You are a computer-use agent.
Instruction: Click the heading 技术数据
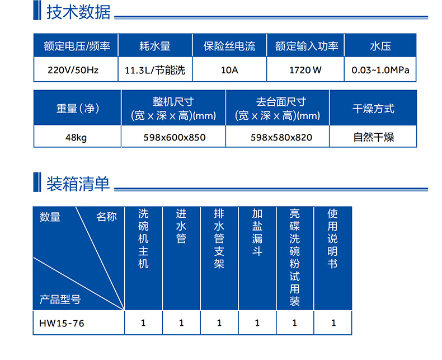78,12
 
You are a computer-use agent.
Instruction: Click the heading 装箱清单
78,184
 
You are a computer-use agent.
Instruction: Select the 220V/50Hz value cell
73,70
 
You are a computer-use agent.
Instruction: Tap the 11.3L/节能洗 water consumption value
155,70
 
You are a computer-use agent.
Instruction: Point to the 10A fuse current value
229,70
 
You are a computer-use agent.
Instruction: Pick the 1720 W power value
305,70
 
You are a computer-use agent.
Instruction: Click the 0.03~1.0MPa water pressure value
380,70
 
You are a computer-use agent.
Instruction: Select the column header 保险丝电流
229,46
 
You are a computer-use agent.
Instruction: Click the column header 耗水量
155,46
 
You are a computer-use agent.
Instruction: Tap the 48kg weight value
76,138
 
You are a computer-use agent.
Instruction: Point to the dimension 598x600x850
175,137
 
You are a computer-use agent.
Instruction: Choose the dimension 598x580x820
281,137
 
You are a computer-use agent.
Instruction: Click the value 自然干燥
374,137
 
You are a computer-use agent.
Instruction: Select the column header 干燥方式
374,109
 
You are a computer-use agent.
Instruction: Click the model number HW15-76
62,323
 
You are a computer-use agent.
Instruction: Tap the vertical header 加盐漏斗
257,232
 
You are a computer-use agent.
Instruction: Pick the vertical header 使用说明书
333,239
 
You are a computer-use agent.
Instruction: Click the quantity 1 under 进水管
181,322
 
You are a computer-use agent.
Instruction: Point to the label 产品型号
60,300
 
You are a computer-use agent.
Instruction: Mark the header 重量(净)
78,109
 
